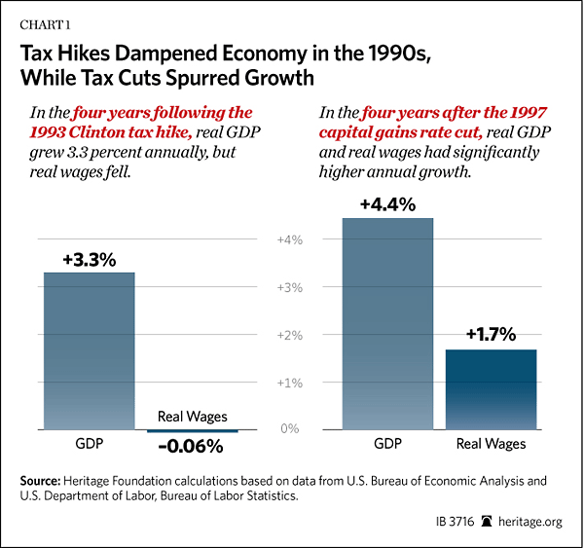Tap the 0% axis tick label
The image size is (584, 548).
tap(291, 428)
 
